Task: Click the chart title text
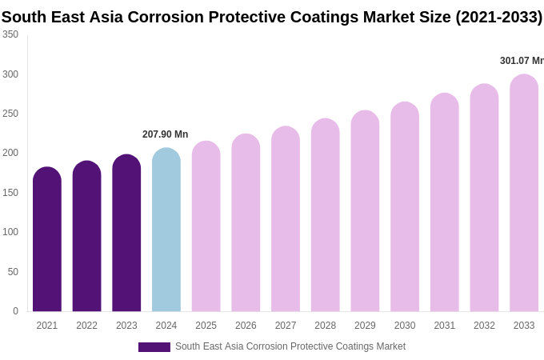click(272, 17)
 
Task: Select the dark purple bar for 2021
click(47, 240)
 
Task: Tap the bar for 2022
click(86, 237)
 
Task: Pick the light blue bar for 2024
click(166, 230)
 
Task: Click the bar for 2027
click(286, 220)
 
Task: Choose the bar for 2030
click(405, 208)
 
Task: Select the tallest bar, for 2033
click(524, 194)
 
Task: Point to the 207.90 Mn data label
click(165, 134)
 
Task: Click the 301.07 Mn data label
click(521, 61)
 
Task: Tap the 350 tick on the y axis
click(10, 34)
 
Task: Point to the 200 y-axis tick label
click(10, 153)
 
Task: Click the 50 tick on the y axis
click(13, 272)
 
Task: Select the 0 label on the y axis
click(15, 311)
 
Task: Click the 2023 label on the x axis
click(126, 326)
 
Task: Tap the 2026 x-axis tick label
click(246, 326)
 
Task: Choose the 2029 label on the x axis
click(365, 326)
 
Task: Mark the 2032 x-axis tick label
click(484, 326)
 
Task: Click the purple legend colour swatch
click(154, 347)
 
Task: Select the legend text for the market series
click(290, 346)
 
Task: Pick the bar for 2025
click(206, 227)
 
